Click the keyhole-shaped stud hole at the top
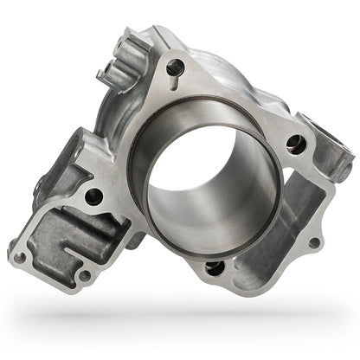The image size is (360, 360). [x=176, y=66]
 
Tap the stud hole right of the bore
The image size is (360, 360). [x=295, y=145]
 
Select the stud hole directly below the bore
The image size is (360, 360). [x=215, y=267]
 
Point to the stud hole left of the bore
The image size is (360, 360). [x=93, y=196]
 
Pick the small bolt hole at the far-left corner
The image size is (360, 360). [x=19, y=256]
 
